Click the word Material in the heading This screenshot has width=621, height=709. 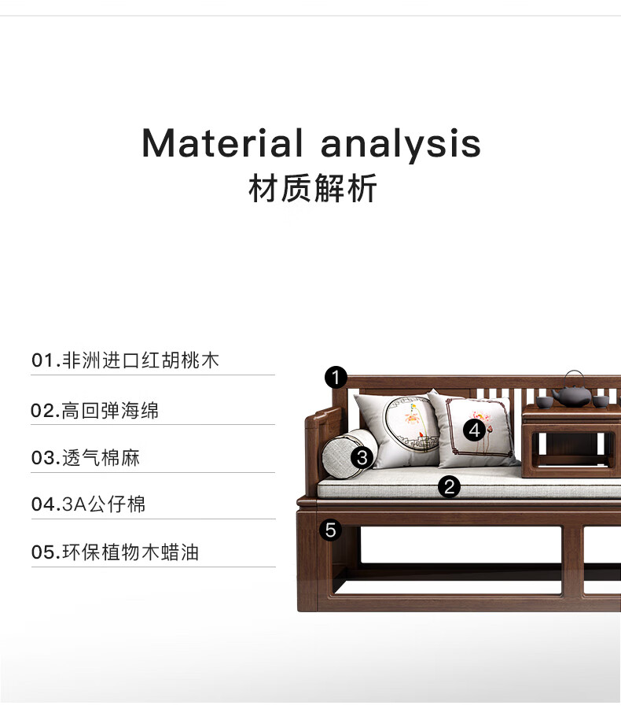click(222, 143)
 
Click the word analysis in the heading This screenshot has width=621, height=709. click(401, 145)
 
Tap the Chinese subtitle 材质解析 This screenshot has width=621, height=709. click(313, 188)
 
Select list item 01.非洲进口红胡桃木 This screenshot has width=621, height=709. click(125, 360)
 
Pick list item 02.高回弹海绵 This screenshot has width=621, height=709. click(95, 411)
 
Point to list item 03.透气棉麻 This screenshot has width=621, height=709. click(86, 458)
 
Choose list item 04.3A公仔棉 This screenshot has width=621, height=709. click(89, 504)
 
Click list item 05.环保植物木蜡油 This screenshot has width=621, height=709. click(116, 552)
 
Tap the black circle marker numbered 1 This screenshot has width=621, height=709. click(336, 377)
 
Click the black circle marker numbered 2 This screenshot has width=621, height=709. click(449, 486)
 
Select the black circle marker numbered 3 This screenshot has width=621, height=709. click(362, 458)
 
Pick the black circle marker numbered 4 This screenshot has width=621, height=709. click(474, 430)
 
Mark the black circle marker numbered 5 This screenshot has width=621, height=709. click(331, 530)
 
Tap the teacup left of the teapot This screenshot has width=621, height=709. click(542, 401)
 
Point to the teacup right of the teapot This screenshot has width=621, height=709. click(601, 401)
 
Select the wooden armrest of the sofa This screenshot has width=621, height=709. click(322, 448)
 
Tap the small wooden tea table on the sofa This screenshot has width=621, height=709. click(571, 441)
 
